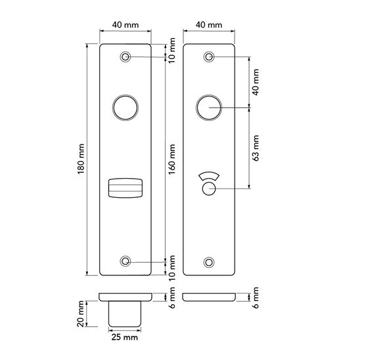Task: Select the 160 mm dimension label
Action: [172, 158]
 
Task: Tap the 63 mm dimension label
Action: [256, 148]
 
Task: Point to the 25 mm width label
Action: [125, 338]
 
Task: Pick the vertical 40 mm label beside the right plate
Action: [256, 81]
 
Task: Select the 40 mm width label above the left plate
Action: [125, 25]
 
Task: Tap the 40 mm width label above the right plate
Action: [209, 25]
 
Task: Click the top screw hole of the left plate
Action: [125, 57]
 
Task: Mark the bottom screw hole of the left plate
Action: [125, 261]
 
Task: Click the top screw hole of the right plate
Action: [209, 57]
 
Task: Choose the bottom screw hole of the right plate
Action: [209, 261]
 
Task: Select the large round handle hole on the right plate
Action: [209, 107]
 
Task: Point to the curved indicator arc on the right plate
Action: [209, 177]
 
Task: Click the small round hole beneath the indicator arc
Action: [209, 189]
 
